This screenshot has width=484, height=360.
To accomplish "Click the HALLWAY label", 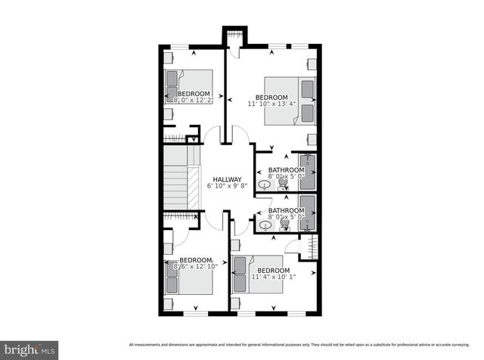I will pyautogui.click(x=226, y=179).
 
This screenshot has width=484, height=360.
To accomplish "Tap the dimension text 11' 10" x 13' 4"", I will pyautogui.click(x=271, y=104).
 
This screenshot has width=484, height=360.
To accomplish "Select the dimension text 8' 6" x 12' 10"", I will pyautogui.click(x=195, y=266).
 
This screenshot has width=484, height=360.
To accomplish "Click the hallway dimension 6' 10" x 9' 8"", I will pyautogui.click(x=226, y=186).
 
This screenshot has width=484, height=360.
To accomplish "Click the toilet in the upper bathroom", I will pyautogui.click(x=282, y=182).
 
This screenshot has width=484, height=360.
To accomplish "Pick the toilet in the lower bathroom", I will pyautogui.click(x=285, y=222).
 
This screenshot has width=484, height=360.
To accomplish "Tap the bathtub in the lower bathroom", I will pyautogui.click(x=307, y=212).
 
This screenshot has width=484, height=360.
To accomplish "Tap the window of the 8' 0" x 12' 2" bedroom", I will pyautogui.click(x=178, y=48).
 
